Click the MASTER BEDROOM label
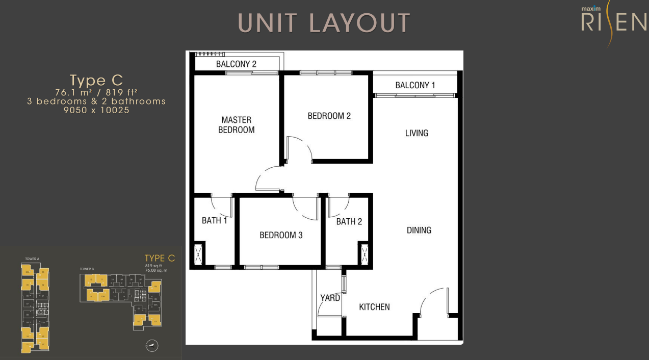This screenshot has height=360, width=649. (236, 125)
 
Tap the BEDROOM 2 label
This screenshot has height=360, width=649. (329, 116)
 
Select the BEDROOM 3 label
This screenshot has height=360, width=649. (281, 235)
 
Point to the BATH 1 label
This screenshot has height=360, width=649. (214, 221)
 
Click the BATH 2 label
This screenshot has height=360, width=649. (349, 221)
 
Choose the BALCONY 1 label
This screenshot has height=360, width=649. (415, 85)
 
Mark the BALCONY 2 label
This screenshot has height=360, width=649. (236, 64)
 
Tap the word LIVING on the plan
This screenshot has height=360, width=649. (417, 133)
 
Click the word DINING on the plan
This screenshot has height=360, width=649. (419, 230)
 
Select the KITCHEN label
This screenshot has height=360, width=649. (374, 307)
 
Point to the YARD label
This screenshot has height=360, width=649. (330, 298)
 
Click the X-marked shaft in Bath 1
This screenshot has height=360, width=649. (198, 254)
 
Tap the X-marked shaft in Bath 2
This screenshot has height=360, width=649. (365, 254)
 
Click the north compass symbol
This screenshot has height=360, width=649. (152, 346)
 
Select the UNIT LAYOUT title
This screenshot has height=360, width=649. (324, 23)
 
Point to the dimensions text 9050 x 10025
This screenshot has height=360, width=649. (96, 110)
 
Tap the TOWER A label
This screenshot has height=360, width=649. (32, 259)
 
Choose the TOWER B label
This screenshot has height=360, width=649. (87, 269)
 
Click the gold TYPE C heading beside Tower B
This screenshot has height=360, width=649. (160, 258)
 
